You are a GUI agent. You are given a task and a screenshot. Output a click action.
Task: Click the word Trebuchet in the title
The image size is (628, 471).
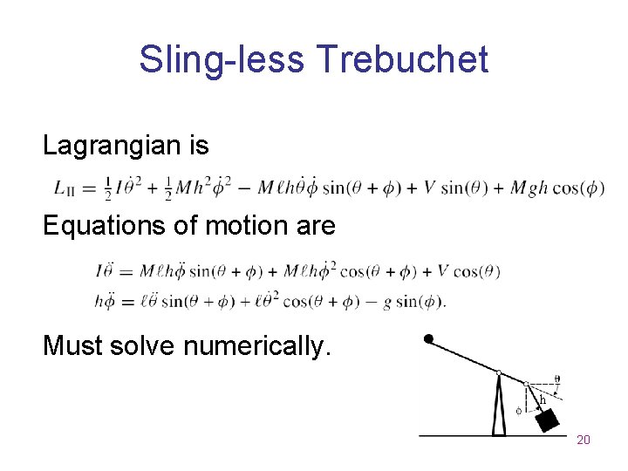click(403, 60)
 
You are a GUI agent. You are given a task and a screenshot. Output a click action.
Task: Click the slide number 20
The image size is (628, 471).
click(584, 440)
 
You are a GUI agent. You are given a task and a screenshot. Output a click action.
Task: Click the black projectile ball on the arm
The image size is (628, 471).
click(428, 338)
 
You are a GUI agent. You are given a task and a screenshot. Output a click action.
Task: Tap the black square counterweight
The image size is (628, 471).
click(547, 421)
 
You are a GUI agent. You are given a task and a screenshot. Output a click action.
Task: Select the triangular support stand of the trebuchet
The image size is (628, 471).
click(499, 406)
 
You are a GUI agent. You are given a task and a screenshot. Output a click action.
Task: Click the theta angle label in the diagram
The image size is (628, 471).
click(557, 379)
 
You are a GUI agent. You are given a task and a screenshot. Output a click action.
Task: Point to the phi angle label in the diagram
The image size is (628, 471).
click(518, 409)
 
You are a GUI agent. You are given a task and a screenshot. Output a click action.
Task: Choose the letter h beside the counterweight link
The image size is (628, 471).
click(543, 399)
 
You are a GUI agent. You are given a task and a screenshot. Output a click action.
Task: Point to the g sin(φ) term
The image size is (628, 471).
click(411, 302)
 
